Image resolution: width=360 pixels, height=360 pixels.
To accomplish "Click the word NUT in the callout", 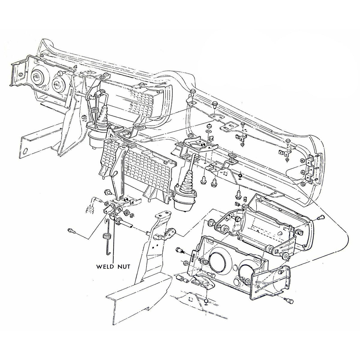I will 124,266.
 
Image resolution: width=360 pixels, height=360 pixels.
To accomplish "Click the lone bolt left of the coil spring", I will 71,230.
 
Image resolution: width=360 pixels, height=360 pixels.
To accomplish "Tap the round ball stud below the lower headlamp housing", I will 206,300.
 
